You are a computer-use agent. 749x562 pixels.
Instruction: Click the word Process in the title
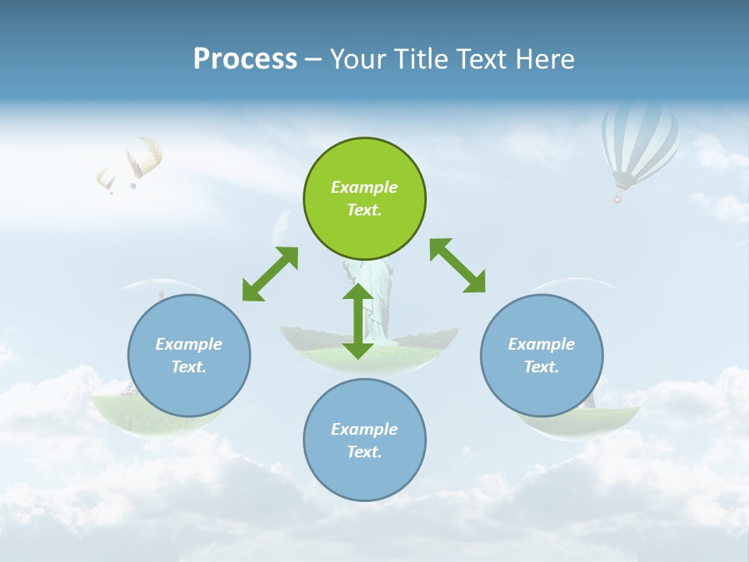coord(245,59)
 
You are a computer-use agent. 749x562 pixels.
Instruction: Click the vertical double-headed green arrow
coord(358,321)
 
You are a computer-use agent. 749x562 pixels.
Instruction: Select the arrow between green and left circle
coord(270,274)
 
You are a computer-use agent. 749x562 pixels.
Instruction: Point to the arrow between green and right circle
coord(458,265)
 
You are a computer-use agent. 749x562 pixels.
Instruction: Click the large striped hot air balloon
coord(639,140)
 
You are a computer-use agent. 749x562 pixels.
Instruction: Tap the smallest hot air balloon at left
coord(106,179)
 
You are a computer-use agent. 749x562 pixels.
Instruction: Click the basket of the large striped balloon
coord(618,197)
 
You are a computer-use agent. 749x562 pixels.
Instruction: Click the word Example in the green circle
coord(364,187)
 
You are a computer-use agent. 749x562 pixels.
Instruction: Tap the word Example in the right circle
coord(541,344)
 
